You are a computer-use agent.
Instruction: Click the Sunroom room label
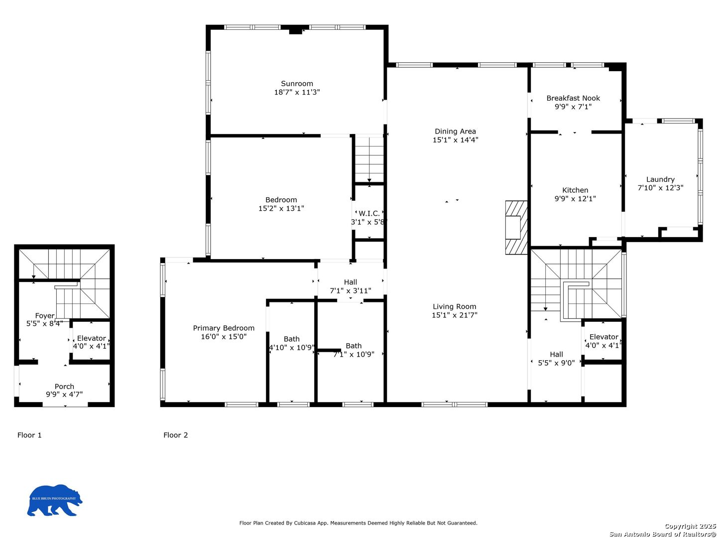click(297, 84)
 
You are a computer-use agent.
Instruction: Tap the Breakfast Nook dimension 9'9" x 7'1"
click(573, 107)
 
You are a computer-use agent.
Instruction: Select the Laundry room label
click(660, 179)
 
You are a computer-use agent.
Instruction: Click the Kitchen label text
click(575, 190)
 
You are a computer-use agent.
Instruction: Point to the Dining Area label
click(455, 132)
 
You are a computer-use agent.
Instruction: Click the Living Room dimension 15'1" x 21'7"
click(454, 315)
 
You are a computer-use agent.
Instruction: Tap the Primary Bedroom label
click(224, 328)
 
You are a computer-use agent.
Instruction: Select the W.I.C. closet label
click(369, 213)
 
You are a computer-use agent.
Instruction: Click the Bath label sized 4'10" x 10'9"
click(292, 339)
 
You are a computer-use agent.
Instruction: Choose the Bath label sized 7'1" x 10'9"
click(354, 346)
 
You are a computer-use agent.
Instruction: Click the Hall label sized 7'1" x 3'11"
click(351, 282)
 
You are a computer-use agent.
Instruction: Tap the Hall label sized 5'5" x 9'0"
click(556, 355)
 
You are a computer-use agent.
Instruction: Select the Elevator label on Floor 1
click(91, 338)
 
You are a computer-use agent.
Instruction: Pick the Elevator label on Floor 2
click(603, 337)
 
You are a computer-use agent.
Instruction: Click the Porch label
click(64, 387)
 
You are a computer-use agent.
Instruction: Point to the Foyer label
click(44, 316)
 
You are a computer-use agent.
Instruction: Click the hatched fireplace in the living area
click(516, 227)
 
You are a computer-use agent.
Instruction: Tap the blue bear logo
click(54, 500)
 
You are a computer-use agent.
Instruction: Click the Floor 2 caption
click(176, 435)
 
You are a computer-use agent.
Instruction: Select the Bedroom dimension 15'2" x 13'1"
click(281, 208)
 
